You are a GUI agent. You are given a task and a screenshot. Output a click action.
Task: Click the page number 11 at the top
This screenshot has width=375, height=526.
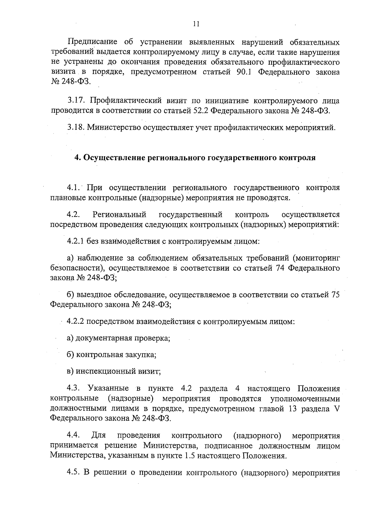point(196,24)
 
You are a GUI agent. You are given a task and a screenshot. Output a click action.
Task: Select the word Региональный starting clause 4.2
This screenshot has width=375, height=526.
point(119,215)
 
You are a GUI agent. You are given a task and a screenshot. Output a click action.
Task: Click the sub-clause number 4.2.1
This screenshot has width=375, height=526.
point(75,241)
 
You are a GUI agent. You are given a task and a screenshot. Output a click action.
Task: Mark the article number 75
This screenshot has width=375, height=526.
point(335,295)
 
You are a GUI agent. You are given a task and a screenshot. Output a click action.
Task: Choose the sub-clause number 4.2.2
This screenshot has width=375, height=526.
point(75,322)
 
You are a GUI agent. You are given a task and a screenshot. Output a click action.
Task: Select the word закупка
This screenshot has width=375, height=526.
point(140,355)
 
